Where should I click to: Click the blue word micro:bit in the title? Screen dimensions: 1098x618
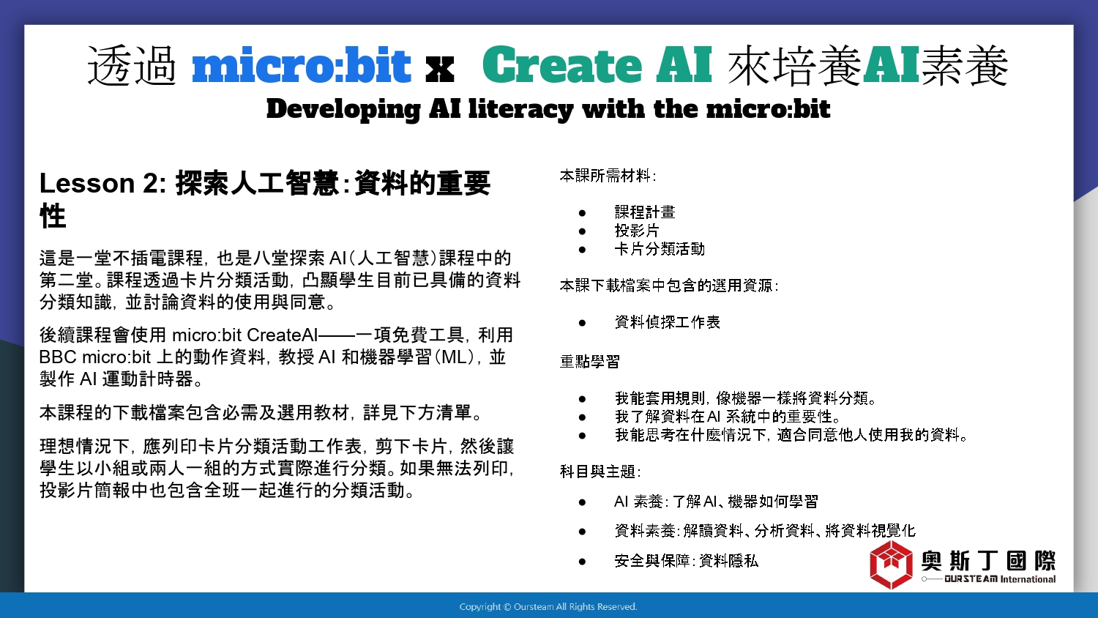301,65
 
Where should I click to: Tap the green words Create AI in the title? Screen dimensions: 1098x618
597,65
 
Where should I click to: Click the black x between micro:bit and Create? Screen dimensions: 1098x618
439,70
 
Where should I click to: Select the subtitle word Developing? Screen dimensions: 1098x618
343,109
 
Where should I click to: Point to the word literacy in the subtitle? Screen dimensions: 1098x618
520,109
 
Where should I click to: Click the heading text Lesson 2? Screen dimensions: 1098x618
102,184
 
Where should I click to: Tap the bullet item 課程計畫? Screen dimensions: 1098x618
645,212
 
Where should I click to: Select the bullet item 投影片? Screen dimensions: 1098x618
637,231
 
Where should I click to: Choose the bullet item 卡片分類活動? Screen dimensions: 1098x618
660,249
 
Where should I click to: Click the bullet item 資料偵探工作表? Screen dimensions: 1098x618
667,322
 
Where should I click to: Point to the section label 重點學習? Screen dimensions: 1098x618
590,362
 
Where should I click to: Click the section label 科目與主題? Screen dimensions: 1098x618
600,472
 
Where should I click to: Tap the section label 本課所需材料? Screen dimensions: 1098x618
608,176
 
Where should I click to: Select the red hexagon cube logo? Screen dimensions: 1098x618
891,565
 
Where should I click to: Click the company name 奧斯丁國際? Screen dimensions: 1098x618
988,560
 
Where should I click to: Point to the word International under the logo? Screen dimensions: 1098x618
1028,579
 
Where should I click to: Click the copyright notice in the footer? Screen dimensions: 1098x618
548,607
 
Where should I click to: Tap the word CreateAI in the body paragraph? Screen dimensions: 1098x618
283,335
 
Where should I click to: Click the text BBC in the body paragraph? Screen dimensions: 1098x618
58,357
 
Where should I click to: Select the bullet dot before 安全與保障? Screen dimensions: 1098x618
583,562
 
